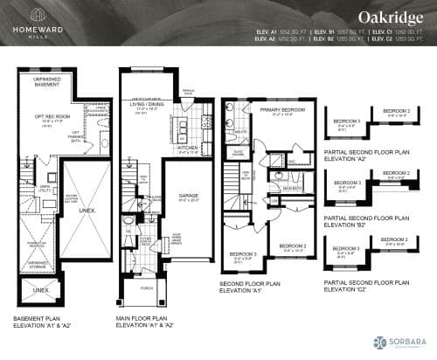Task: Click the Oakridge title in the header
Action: [381, 17]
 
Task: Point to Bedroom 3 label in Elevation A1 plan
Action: [242, 256]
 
